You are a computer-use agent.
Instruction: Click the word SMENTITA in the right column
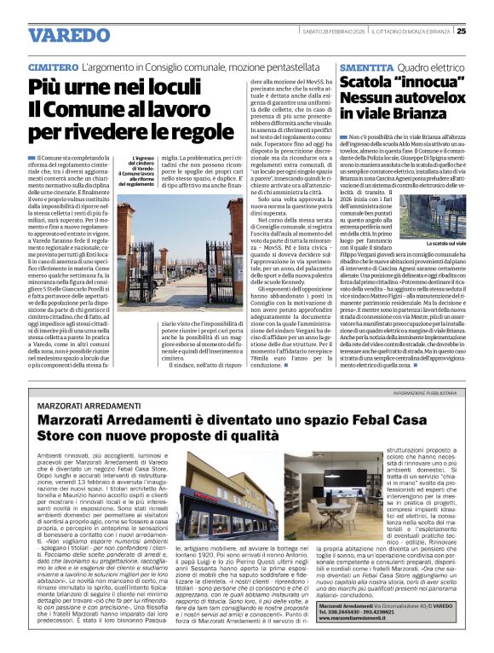(x=364, y=66)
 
